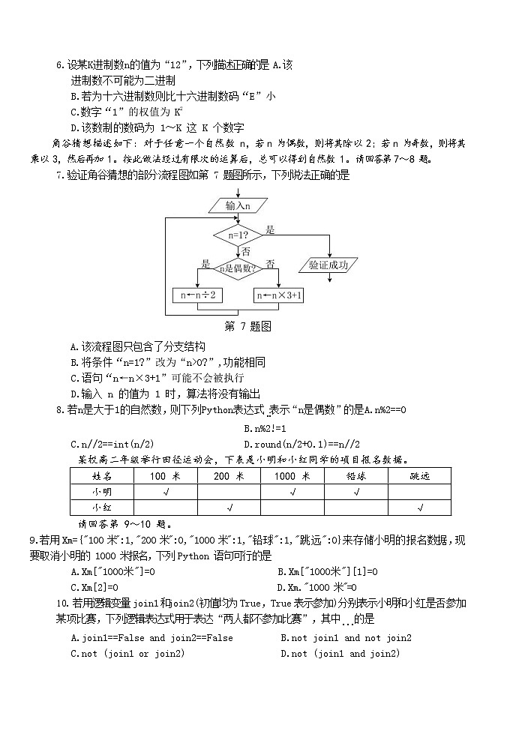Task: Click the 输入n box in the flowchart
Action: click(238, 205)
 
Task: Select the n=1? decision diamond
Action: click(238, 235)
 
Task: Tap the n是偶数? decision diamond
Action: click(237, 267)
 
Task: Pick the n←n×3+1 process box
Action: click(279, 295)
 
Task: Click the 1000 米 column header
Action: click(292, 476)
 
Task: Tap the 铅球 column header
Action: click(355, 476)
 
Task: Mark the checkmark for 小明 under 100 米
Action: click(165, 492)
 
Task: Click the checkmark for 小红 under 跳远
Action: click(419, 508)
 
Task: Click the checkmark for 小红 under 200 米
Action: click(229, 508)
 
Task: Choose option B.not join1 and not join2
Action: click(346, 638)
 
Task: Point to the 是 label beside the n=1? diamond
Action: click(271, 229)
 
